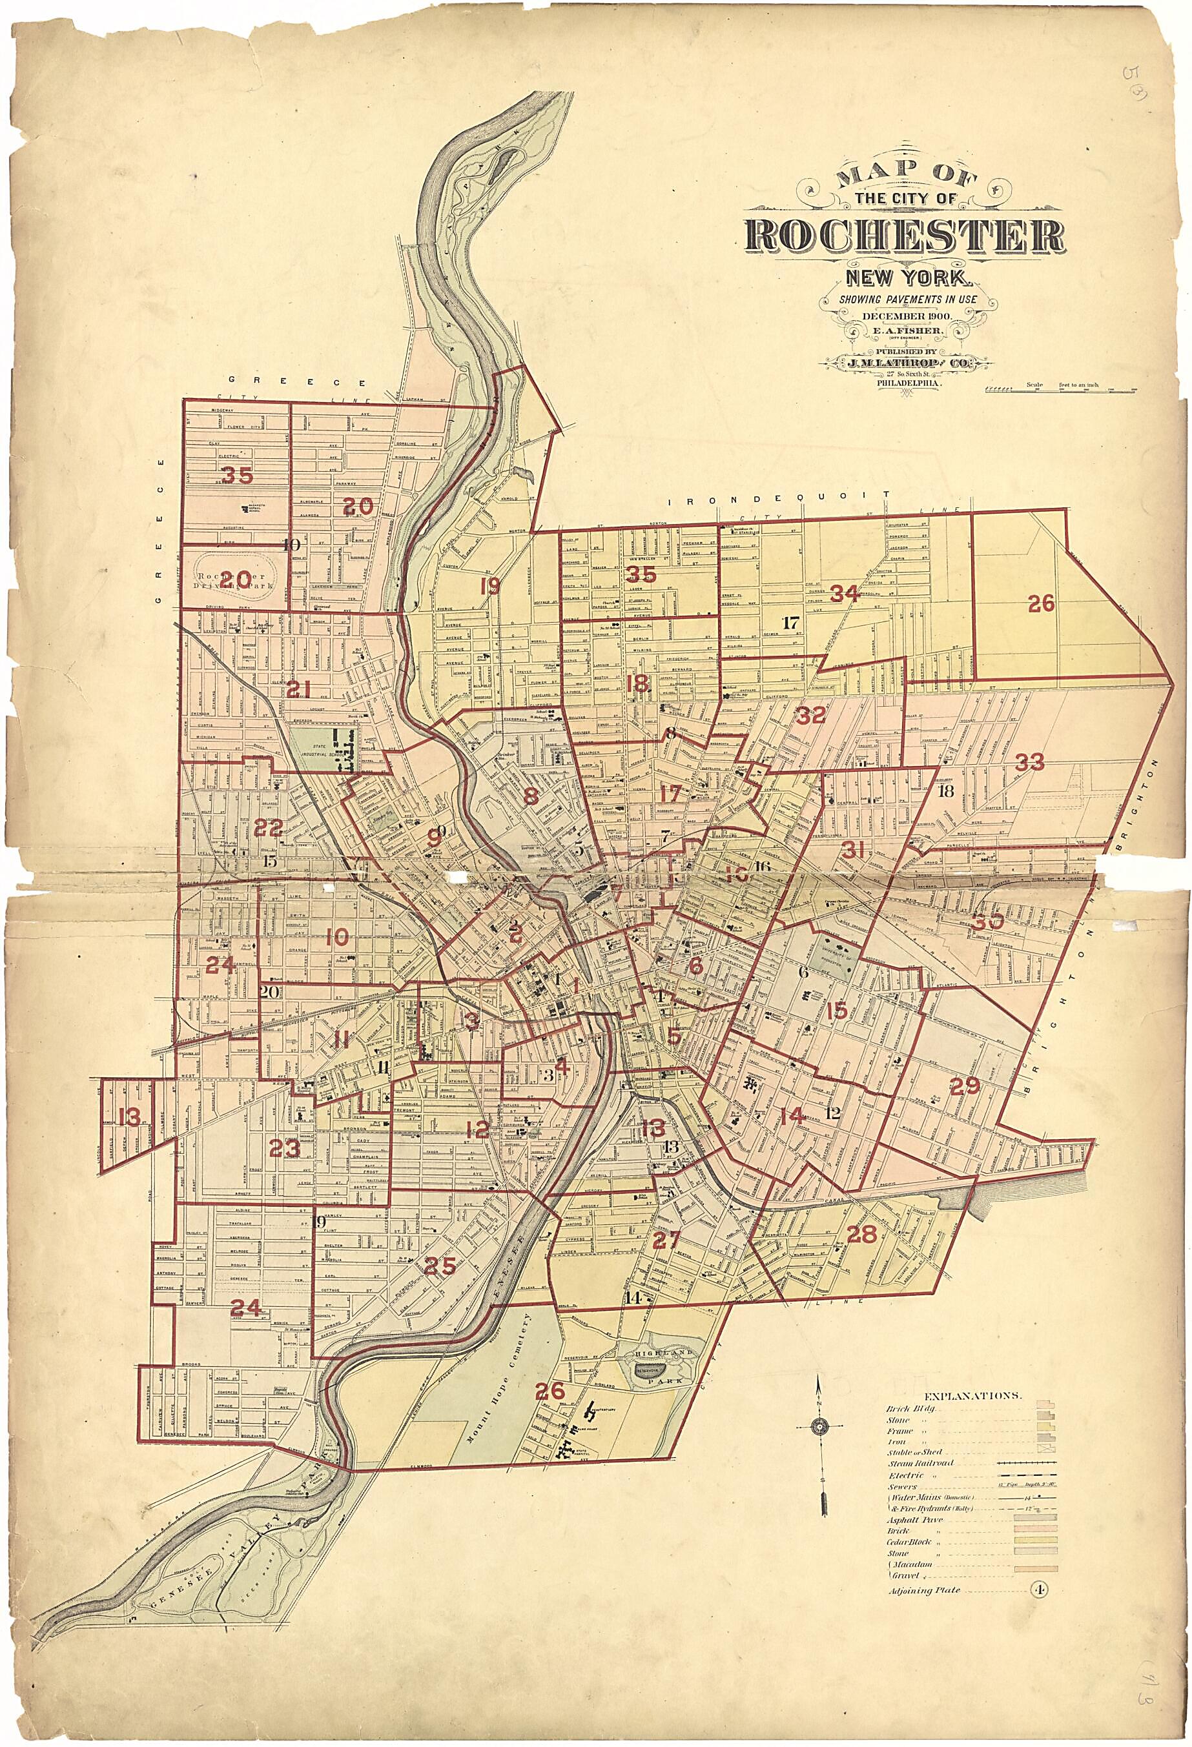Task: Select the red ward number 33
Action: coord(1029,762)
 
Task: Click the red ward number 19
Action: coord(490,585)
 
